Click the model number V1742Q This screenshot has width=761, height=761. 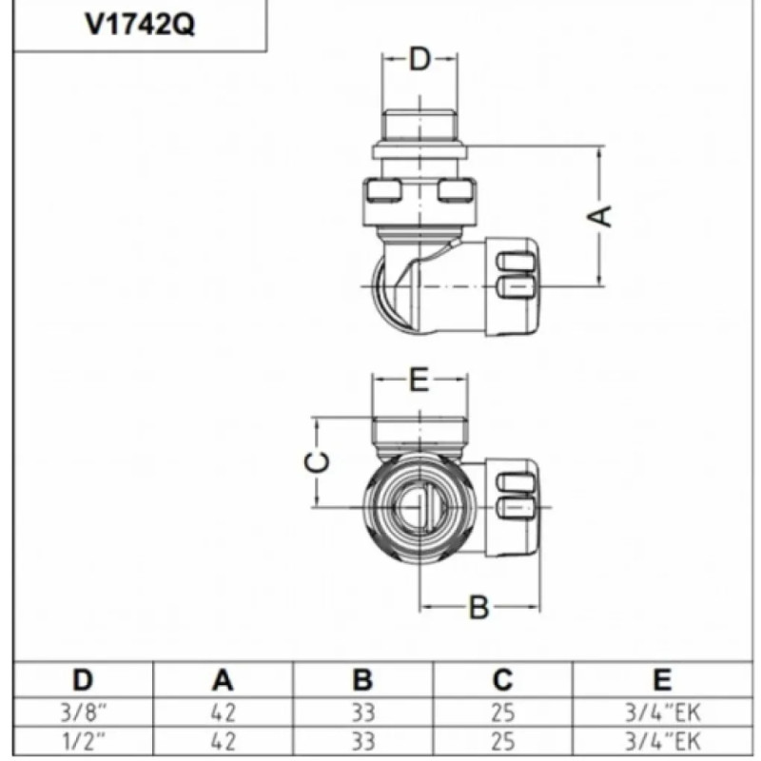140,25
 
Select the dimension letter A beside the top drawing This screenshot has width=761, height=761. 602,215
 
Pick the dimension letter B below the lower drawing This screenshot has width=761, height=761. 479,607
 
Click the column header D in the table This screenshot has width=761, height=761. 84,680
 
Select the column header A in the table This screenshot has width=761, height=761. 223,680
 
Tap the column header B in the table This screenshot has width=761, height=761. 362,680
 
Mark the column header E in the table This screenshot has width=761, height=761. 662,680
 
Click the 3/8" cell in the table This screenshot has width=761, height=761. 84,712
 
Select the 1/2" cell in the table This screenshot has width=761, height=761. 84,738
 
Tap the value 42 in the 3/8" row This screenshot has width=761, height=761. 223,712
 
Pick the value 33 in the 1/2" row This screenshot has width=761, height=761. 362,738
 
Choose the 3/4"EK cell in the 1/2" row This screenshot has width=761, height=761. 662,738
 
